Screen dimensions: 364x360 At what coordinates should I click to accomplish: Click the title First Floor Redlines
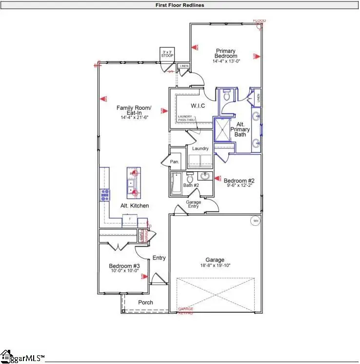pyautogui.click(x=180, y=5)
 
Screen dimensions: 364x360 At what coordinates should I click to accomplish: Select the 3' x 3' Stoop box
pyautogui.click(x=167, y=53)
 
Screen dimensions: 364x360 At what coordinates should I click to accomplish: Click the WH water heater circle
pyautogui.click(x=255, y=221)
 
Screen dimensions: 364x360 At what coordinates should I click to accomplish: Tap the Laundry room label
pyautogui.click(x=200, y=148)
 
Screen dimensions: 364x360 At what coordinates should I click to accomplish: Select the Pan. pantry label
pyautogui.click(x=174, y=162)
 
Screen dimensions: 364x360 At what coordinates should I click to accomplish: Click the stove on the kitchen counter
pyautogui.click(x=104, y=195)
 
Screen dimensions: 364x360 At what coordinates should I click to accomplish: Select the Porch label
pyautogui.click(x=145, y=303)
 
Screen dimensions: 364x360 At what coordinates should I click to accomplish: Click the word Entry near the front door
pyautogui.click(x=159, y=258)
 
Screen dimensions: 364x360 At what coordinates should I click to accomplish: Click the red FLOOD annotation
pyautogui.click(x=260, y=20)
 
